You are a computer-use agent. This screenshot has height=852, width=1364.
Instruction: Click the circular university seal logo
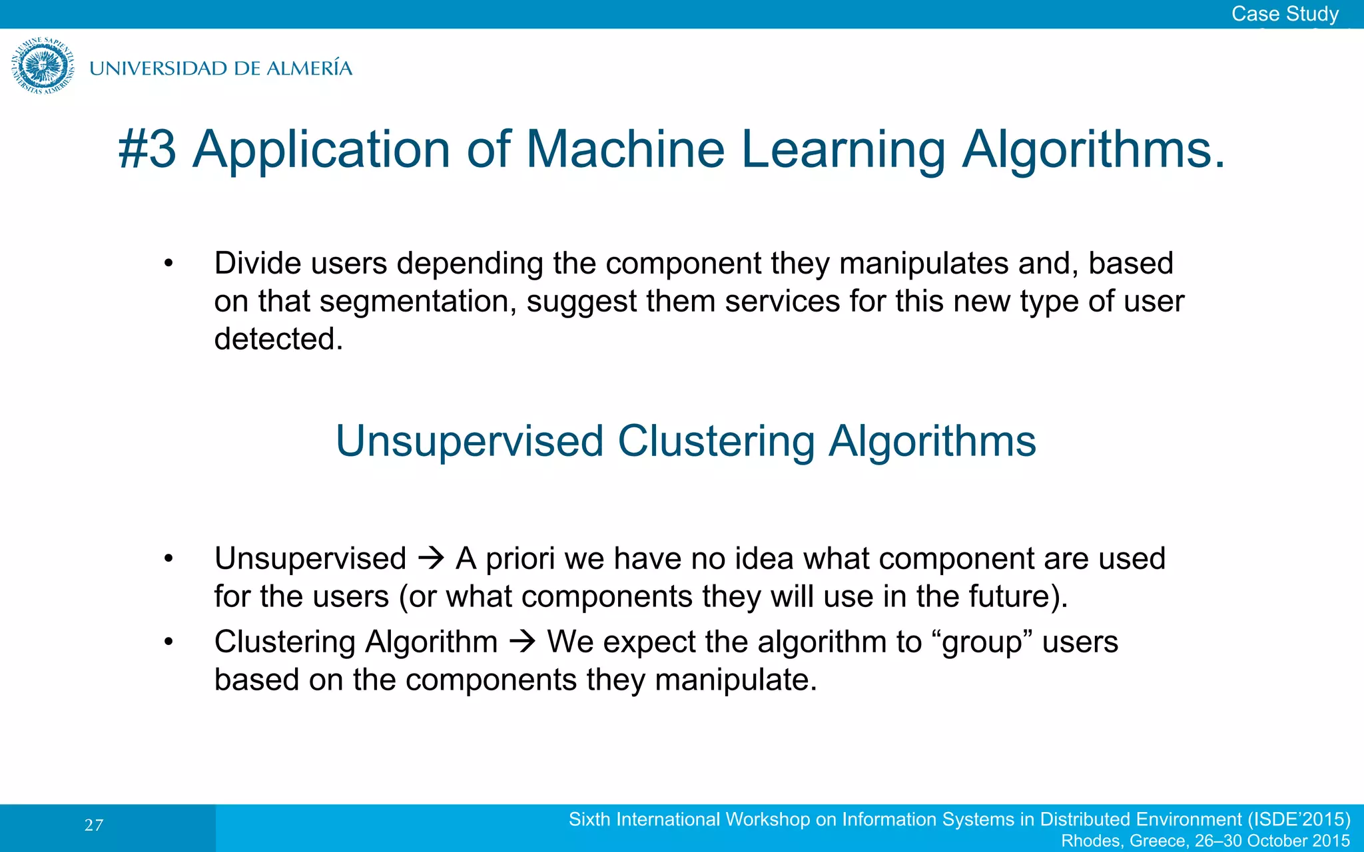tap(43, 66)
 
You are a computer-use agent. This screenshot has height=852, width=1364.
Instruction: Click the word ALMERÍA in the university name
tap(309, 68)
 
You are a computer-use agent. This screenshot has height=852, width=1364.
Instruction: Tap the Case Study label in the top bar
tap(1284, 14)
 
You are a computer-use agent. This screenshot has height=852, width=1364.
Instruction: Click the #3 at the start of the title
tap(147, 149)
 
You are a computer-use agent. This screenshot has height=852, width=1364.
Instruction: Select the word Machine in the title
tap(625, 149)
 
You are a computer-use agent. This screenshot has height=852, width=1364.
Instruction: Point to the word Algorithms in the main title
tap(1092, 149)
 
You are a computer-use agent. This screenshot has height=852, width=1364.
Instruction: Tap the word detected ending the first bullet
tap(278, 339)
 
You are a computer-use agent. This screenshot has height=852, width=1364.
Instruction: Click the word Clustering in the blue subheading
tap(715, 441)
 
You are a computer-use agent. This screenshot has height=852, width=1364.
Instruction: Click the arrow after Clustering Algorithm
tap(522, 642)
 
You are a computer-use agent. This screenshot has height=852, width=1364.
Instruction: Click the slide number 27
tap(94, 825)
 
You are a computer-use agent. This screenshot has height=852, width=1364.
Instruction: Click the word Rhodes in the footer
tap(1092, 841)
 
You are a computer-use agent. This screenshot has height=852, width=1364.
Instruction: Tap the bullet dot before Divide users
tap(169, 264)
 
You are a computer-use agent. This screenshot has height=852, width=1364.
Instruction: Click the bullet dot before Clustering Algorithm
tap(169, 642)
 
